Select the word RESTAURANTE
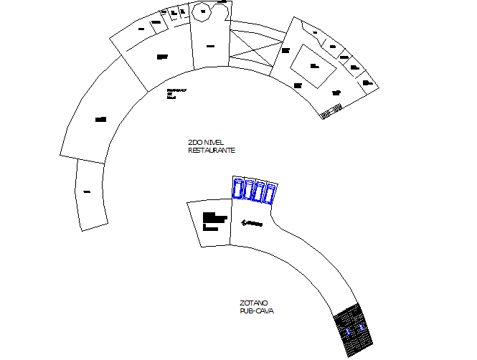pos(212,151)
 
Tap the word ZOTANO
pos(254,303)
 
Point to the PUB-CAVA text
pos(257,311)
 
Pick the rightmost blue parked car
pos(272,192)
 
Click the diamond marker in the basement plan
pos(245,222)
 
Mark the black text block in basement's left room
pos(214,219)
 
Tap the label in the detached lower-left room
pos(87,191)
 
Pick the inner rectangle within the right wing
pos(313,66)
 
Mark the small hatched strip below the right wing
pos(331,112)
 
